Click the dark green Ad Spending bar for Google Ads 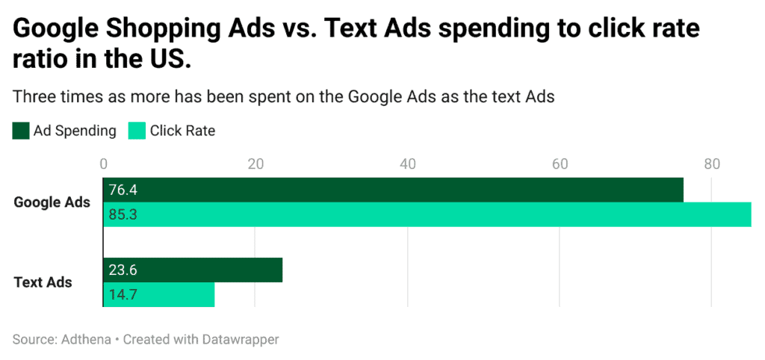pos(393,190)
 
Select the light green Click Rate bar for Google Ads pos(427,214)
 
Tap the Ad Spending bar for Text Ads pos(193,270)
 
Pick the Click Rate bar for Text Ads pos(158,295)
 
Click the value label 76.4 pos(123,190)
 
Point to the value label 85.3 pos(123,215)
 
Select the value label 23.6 pos(123,270)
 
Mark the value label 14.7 pos(123,295)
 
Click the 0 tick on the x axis pos(104,164)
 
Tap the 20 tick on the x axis pos(255,164)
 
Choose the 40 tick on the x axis pos(408,164)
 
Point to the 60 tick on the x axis pos(560,164)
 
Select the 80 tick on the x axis pos(712,164)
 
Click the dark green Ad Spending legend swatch pos(21,131)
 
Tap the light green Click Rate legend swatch pos(137,131)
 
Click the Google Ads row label pos(52,202)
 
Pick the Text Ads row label pos(43,282)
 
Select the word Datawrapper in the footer pos(241,339)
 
